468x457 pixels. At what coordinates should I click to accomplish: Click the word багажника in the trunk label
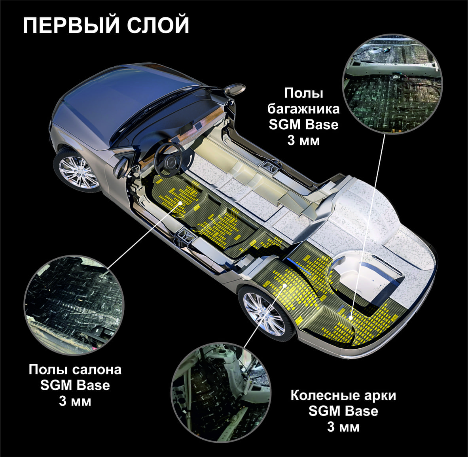tap(303, 109)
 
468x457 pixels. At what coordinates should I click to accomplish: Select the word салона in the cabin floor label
tap(97, 370)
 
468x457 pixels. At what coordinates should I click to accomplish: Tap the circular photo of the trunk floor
tap(392, 84)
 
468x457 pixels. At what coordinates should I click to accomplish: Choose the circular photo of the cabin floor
tap(74, 304)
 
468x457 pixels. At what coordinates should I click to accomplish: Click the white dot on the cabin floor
tap(180, 203)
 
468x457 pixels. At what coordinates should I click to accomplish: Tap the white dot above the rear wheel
tap(285, 285)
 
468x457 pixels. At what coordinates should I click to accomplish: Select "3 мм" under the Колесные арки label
tap(343, 427)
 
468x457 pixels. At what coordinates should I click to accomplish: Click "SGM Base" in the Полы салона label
tap(75, 385)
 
